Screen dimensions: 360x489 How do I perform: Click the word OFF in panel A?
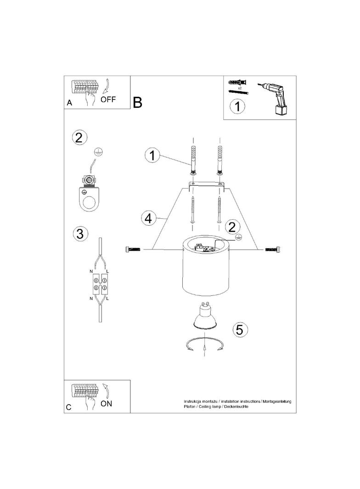(x=108, y=100)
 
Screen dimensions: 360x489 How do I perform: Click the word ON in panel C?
(x=106, y=404)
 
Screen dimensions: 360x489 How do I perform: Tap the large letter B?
(x=137, y=102)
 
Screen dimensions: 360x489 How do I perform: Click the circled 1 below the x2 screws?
(x=237, y=106)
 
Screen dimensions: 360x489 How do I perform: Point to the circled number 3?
(x=80, y=233)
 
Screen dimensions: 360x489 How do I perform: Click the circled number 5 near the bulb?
(x=240, y=329)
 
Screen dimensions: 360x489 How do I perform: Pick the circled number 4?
(x=148, y=218)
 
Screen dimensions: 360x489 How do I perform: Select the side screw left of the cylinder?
(x=132, y=249)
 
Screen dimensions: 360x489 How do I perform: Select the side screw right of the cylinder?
(x=273, y=249)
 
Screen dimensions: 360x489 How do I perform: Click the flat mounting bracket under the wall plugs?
(x=207, y=185)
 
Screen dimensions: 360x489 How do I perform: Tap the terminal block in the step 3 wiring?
(x=99, y=283)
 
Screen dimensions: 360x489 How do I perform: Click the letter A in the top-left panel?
(x=70, y=103)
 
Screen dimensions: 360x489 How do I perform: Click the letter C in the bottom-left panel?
(x=69, y=407)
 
